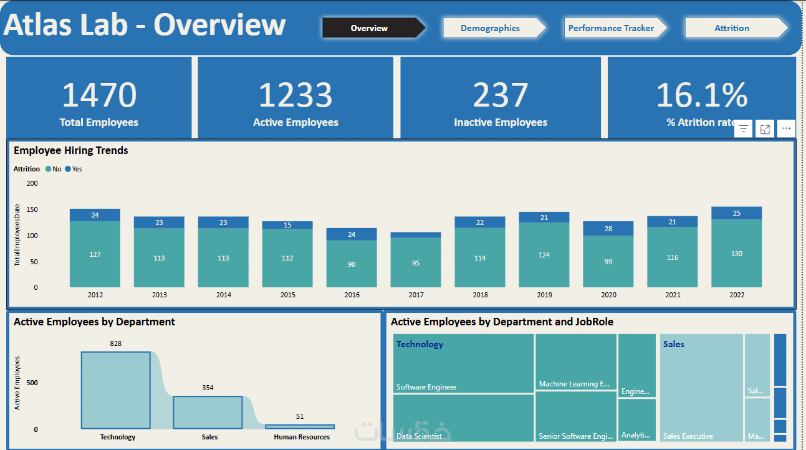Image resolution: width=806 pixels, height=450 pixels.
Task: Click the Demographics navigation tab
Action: (x=490, y=28)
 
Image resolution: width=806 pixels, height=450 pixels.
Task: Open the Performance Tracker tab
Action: (x=611, y=28)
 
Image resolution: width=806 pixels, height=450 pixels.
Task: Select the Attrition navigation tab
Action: (x=732, y=28)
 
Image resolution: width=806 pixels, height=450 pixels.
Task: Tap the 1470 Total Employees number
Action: (x=99, y=95)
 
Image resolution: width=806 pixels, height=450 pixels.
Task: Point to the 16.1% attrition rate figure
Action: (x=702, y=95)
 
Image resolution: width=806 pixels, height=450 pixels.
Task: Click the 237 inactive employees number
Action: (x=500, y=95)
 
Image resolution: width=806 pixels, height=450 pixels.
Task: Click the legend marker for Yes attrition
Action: (x=68, y=169)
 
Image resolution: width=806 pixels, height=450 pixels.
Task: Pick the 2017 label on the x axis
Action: (x=416, y=295)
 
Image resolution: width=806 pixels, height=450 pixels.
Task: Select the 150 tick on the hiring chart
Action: (x=32, y=209)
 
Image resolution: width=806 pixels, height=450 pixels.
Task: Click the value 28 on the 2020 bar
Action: (x=608, y=229)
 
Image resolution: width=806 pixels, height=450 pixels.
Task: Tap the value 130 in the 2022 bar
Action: (x=736, y=254)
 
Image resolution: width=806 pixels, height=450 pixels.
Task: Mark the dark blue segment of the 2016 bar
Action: (x=352, y=234)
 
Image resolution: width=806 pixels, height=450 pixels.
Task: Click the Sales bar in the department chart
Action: (x=208, y=413)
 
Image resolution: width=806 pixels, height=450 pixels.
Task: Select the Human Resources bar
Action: (x=300, y=427)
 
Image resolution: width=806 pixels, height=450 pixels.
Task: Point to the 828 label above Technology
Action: (x=115, y=343)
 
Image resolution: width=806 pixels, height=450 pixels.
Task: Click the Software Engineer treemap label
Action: (x=426, y=387)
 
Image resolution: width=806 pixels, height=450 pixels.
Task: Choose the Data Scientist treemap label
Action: (x=419, y=436)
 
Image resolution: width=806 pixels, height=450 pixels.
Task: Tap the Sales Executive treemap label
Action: (x=688, y=436)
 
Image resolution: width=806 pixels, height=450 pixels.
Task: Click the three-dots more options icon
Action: (x=786, y=128)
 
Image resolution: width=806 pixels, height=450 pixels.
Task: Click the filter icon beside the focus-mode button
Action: (x=743, y=128)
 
